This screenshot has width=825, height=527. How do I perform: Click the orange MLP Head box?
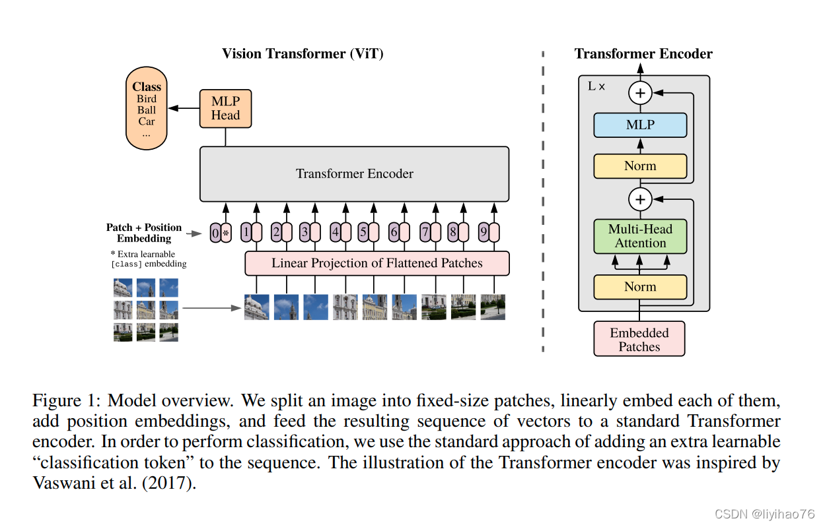tap(225, 108)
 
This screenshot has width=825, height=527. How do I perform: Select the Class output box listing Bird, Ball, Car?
tap(147, 110)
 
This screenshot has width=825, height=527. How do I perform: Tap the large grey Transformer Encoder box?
tap(354, 174)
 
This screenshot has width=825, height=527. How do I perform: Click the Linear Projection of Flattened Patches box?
tap(377, 263)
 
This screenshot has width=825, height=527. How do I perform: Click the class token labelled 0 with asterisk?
tap(221, 233)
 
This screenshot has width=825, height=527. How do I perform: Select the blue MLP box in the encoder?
tap(640, 125)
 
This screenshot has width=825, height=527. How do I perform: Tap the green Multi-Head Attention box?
tap(640, 236)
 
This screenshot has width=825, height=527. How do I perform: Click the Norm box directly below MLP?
tap(640, 166)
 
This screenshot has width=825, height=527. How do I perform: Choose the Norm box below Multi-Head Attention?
tap(640, 287)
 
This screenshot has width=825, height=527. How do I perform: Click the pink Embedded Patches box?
tap(639, 339)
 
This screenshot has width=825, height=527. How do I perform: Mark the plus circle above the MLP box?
tap(639, 93)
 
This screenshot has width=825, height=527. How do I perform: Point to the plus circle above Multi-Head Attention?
tap(639, 199)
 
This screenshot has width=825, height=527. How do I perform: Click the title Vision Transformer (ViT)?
tap(303, 54)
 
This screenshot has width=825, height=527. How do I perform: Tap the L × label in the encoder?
tap(596, 86)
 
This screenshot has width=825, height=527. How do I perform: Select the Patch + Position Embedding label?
tap(144, 233)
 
